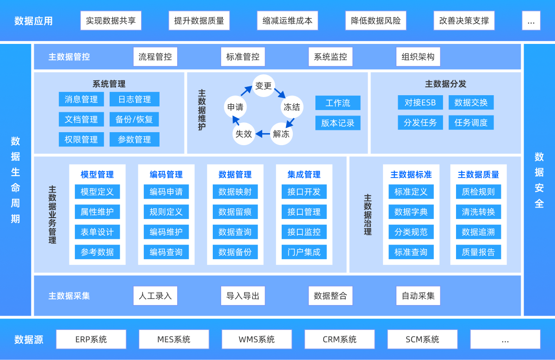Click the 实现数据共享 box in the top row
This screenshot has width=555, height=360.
pyautogui.click(x=111, y=21)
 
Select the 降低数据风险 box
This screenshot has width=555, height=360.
pyautogui.click(x=376, y=21)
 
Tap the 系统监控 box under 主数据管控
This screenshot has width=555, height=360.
pyautogui.click(x=330, y=57)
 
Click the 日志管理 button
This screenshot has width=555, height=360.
pyautogui.click(x=135, y=99)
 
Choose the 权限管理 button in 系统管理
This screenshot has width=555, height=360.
pyautogui.click(x=81, y=140)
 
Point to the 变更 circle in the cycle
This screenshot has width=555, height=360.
pyautogui.click(x=264, y=86)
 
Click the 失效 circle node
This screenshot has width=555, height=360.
pyautogui.click(x=244, y=134)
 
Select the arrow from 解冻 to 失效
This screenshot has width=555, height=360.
pyautogui.click(x=263, y=134)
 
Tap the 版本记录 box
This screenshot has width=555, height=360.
pyautogui.click(x=338, y=123)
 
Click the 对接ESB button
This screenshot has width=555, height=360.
pyautogui.click(x=420, y=103)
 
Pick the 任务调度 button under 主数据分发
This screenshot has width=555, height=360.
pyautogui.click(x=471, y=122)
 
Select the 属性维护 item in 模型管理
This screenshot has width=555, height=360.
pyautogui.click(x=97, y=212)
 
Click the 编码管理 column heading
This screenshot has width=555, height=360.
pyautogui.click(x=166, y=175)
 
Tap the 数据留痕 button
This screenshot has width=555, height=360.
pyautogui.click(x=235, y=212)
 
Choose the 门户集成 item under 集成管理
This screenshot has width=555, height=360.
pyautogui.click(x=304, y=252)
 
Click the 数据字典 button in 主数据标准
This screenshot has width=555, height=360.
pyautogui.click(x=411, y=212)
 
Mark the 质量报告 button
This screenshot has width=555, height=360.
pyautogui.click(x=478, y=252)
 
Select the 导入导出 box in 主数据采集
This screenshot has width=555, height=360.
pyautogui.click(x=243, y=296)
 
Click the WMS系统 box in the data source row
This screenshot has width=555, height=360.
pyautogui.click(x=257, y=339)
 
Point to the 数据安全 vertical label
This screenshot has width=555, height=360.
pyautogui.click(x=539, y=180)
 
